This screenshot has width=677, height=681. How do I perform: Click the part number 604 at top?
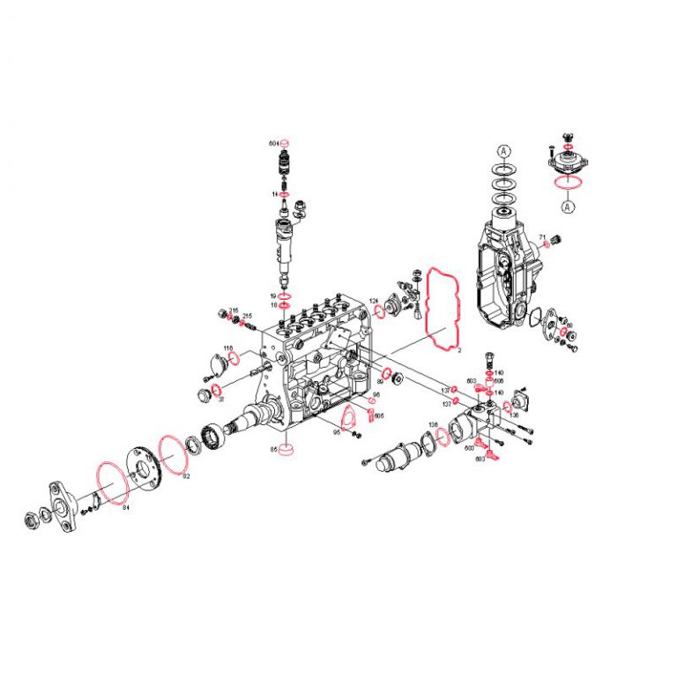(x=273, y=142)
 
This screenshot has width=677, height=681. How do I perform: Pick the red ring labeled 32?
(x=213, y=390)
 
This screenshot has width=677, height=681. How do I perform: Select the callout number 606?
(x=498, y=382)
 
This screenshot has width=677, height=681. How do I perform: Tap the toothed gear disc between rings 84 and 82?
(x=141, y=464)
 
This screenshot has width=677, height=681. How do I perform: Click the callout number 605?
(x=379, y=415)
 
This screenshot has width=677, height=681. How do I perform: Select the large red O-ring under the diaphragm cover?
(x=568, y=183)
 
